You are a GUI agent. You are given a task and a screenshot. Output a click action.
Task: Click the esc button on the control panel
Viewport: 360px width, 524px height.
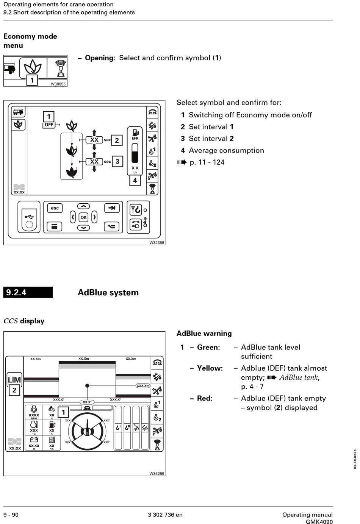click(x=55, y=208)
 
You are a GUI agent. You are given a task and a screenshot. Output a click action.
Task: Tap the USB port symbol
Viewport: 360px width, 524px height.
click(x=29, y=217)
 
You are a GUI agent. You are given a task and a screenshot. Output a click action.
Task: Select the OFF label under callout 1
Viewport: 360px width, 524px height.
click(x=49, y=125)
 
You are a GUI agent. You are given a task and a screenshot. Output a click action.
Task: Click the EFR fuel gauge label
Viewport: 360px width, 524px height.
click(x=135, y=139)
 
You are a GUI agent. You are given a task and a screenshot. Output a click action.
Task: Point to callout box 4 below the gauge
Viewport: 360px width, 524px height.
click(x=135, y=181)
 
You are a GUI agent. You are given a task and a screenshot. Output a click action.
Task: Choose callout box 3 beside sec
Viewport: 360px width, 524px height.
click(x=117, y=162)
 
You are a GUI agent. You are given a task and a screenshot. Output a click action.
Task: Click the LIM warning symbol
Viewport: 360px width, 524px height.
click(x=14, y=380)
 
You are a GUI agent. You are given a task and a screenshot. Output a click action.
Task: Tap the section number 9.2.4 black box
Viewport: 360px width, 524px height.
click(x=28, y=293)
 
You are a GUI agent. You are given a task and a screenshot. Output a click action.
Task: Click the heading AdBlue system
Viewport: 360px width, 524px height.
click(x=108, y=293)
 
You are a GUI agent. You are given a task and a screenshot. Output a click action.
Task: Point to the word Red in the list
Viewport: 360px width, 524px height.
click(x=204, y=399)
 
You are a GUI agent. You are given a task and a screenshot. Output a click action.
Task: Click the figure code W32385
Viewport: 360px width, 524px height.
click(x=157, y=243)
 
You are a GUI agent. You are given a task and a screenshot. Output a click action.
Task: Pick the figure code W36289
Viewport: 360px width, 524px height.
click(x=157, y=474)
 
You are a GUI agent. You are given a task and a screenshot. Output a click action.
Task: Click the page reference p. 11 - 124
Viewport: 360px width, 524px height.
click(x=207, y=162)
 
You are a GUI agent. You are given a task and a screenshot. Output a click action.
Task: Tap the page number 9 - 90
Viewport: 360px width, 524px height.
click(x=11, y=515)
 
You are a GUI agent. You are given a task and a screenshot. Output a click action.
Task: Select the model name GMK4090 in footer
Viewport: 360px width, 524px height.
click(x=319, y=522)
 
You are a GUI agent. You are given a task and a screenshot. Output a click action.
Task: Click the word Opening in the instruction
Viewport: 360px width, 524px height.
click(x=99, y=58)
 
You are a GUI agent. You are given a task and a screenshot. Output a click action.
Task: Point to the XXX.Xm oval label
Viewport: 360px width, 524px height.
click(x=143, y=386)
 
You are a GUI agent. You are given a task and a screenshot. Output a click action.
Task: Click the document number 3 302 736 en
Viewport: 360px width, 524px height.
click(x=165, y=515)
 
